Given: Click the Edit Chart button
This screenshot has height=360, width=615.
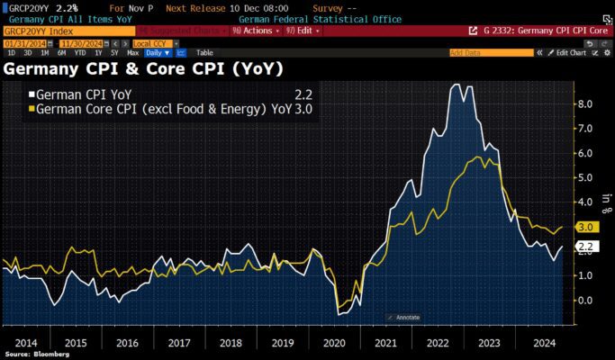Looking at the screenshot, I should click(569, 53).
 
